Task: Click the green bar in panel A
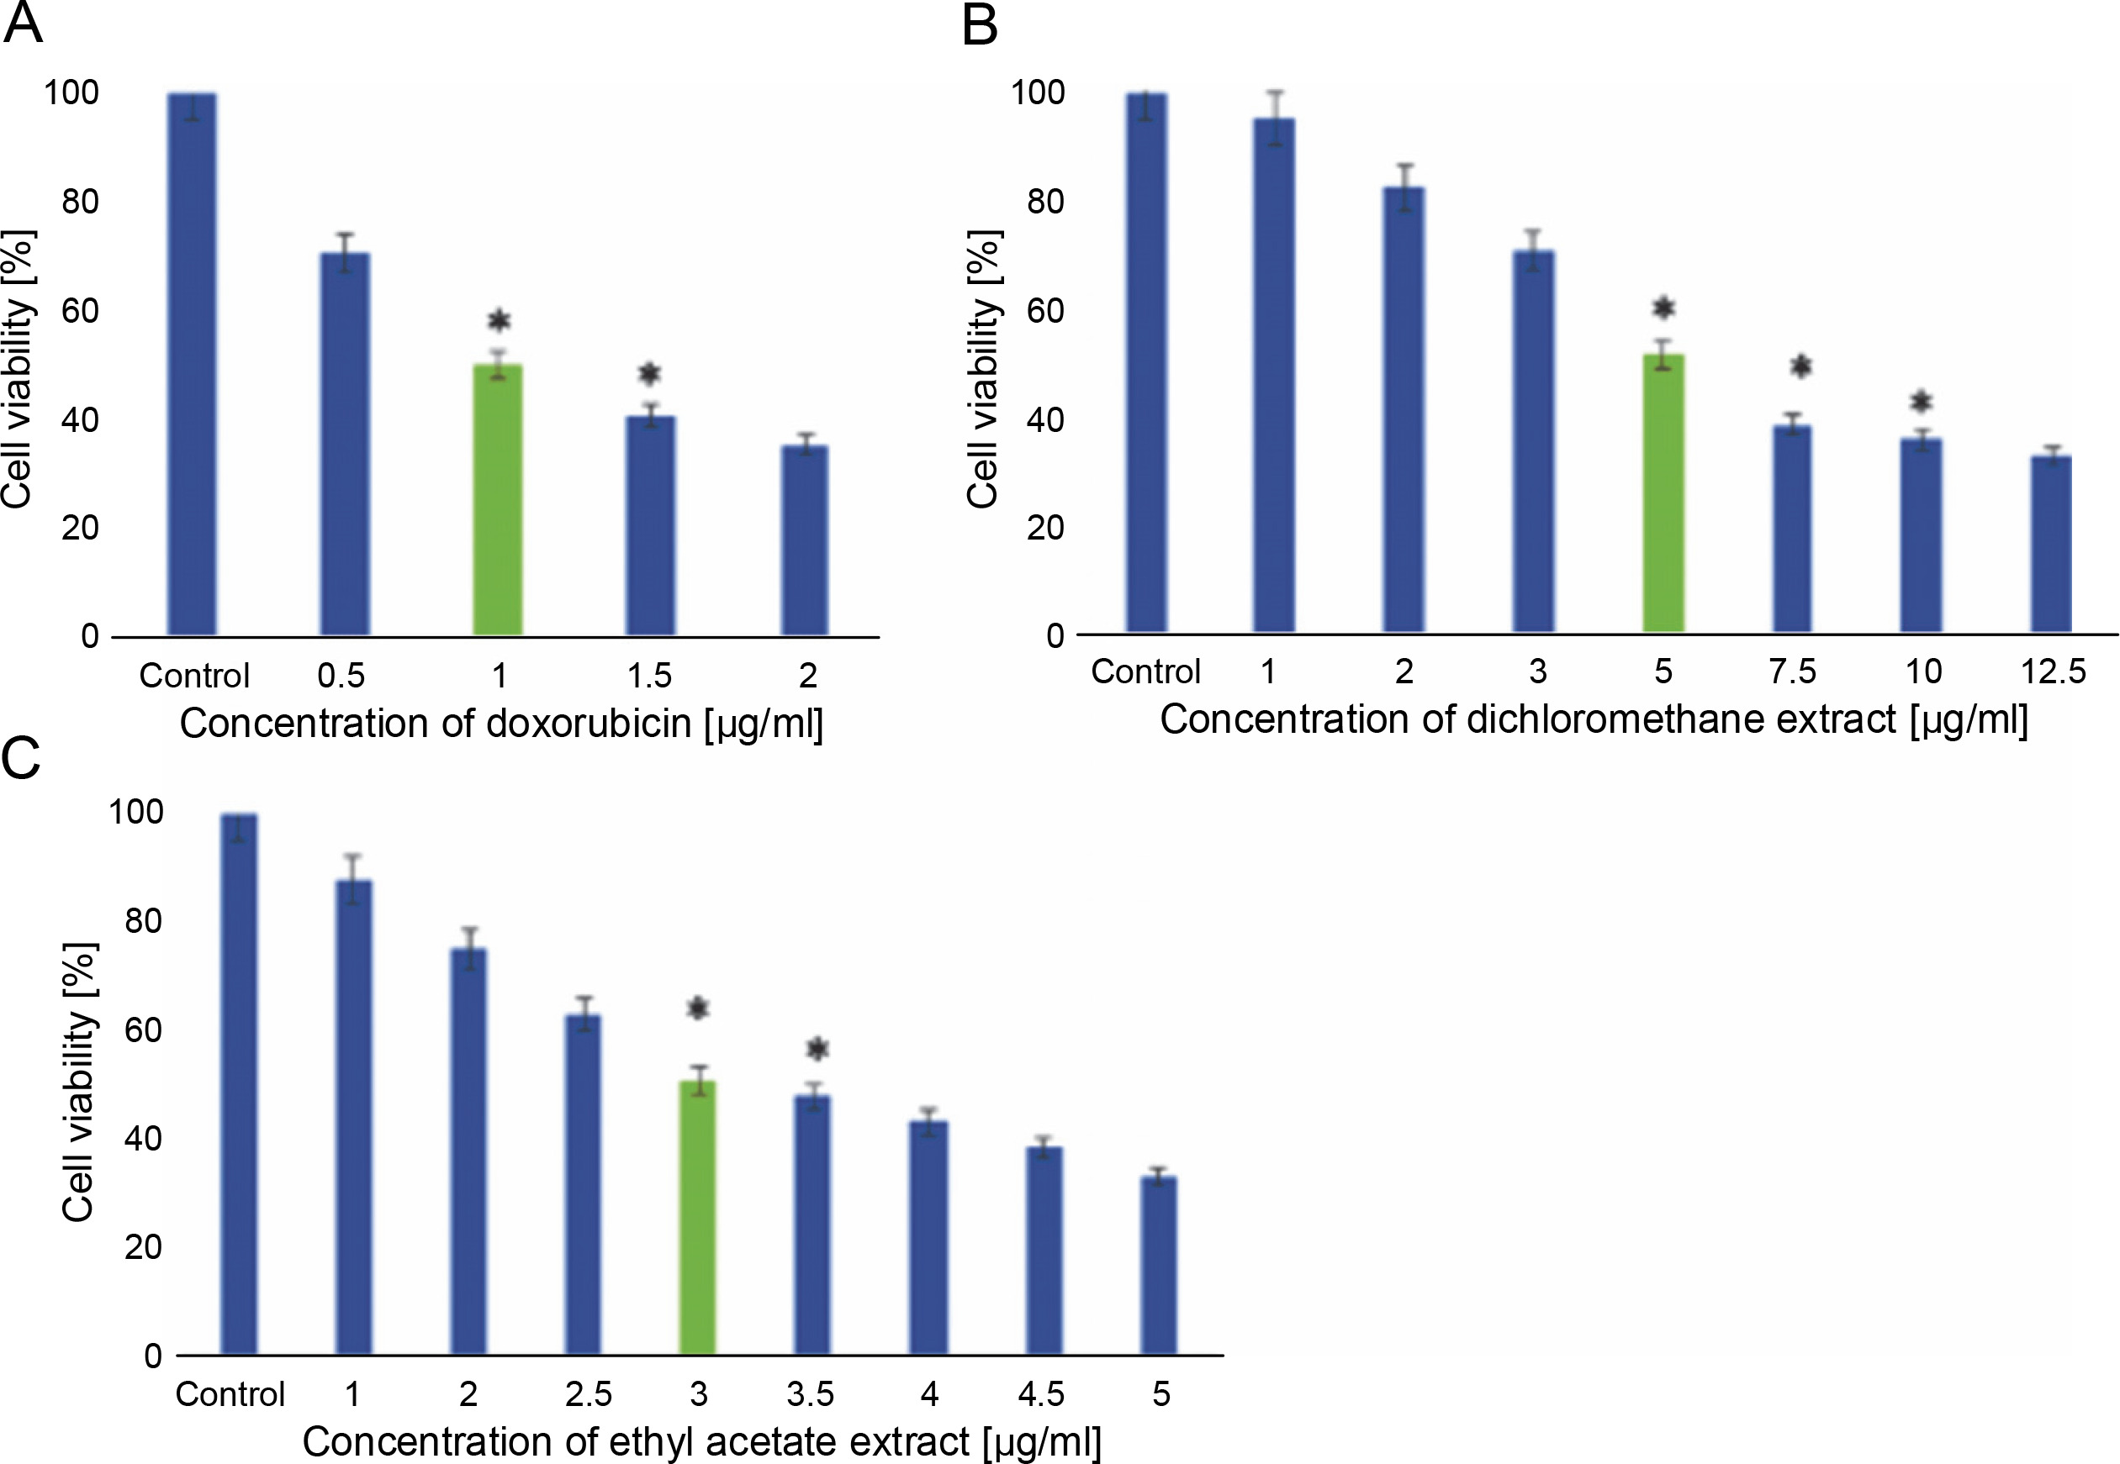click(x=498, y=500)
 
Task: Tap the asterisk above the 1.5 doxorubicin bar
click(x=650, y=373)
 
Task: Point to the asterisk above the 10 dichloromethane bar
click(x=1921, y=402)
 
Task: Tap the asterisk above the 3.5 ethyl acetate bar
click(x=817, y=1049)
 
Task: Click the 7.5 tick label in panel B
click(x=1791, y=672)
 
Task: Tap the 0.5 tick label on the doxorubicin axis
click(x=341, y=676)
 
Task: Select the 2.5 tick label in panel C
click(x=587, y=1394)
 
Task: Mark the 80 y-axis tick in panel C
click(x=143, y=920)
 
